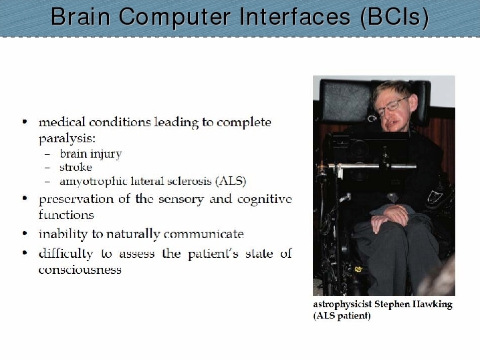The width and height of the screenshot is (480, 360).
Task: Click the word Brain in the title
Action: (80, 17)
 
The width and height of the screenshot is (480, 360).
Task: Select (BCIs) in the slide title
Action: (394, 17)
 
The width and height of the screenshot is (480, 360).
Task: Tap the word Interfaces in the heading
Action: (295, 17)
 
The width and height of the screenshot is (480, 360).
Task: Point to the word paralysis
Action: (67, 139)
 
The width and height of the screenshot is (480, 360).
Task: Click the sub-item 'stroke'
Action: (76, 167)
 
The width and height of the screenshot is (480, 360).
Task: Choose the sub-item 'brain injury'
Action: (91, 154)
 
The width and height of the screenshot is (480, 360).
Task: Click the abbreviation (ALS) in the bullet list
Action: (231, 182)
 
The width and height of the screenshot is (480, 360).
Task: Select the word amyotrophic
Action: (94, 182)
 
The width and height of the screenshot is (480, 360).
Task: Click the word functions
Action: (66, 214)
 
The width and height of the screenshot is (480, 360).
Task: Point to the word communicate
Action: (204, 234)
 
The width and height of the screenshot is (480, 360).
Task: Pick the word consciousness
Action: (80, 270)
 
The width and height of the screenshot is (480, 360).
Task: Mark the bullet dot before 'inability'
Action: (25, 234)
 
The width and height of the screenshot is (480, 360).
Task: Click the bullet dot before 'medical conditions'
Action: (25, 122)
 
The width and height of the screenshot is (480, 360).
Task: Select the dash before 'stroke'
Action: (47, 168)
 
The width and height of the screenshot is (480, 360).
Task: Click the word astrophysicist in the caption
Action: (342, 305)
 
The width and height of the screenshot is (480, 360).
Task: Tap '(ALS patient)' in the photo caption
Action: (342, 315)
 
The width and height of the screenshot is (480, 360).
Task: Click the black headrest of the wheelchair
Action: (346, 100)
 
